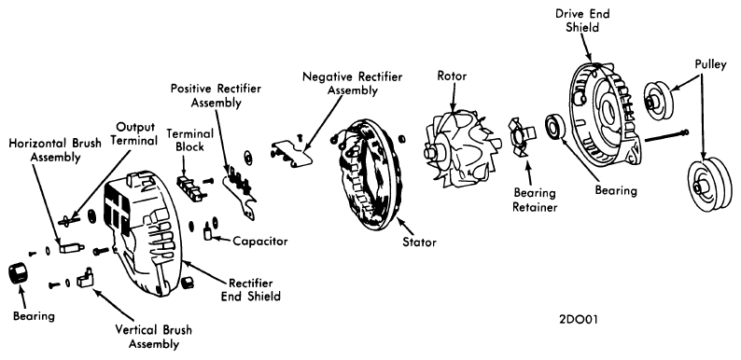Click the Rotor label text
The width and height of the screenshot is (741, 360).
(452, 76)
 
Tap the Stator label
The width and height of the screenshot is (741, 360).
(419, 242)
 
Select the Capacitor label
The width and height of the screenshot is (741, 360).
(260, 242)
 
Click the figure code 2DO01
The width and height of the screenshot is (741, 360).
(578, 320)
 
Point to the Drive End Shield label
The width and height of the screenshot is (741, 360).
(582, 21)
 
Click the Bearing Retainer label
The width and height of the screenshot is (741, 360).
(535, 200)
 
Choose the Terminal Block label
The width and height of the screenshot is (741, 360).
(189, 140)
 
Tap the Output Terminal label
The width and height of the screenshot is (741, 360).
(136, 134)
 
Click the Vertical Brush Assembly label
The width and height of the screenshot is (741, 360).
(154, 336)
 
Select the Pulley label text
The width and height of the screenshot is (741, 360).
(710, 64)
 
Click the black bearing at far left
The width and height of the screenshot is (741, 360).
(19, 273)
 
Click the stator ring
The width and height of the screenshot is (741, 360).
(371, 174)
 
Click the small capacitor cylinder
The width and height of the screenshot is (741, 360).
(207, 233)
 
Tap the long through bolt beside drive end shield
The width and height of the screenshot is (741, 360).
(666, 135)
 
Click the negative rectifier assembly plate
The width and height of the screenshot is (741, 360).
(293, 152)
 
